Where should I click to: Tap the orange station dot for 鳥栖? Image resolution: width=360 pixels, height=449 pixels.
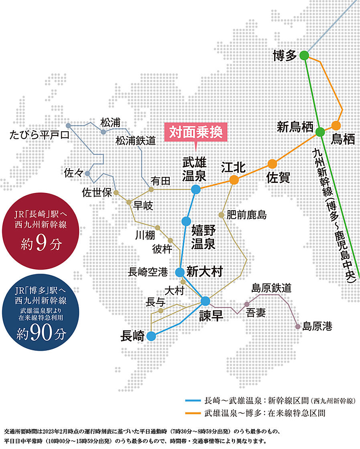coord(336,125)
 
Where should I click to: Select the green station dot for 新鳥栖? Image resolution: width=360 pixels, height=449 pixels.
coord(320,132)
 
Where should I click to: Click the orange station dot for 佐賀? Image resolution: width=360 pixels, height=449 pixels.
coord(272,164)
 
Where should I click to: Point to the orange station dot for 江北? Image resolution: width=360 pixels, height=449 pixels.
coord(234,180)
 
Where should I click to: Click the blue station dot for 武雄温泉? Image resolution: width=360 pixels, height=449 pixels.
coord(196,189)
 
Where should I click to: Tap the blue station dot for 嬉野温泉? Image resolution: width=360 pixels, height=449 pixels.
coord(186,221)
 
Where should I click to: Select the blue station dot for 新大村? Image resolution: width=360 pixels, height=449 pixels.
coord(180,272)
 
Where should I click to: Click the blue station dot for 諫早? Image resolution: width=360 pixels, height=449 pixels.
coord(205,301)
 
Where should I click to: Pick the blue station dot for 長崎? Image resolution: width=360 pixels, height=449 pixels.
coord(151,336)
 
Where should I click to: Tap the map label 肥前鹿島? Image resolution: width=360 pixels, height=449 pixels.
coord(246,215)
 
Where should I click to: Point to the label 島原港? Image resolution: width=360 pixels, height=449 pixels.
coord(318,326)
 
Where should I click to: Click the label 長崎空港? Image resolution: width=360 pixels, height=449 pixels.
coord(148,272)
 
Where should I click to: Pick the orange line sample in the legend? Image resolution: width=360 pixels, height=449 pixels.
coord(193,413)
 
